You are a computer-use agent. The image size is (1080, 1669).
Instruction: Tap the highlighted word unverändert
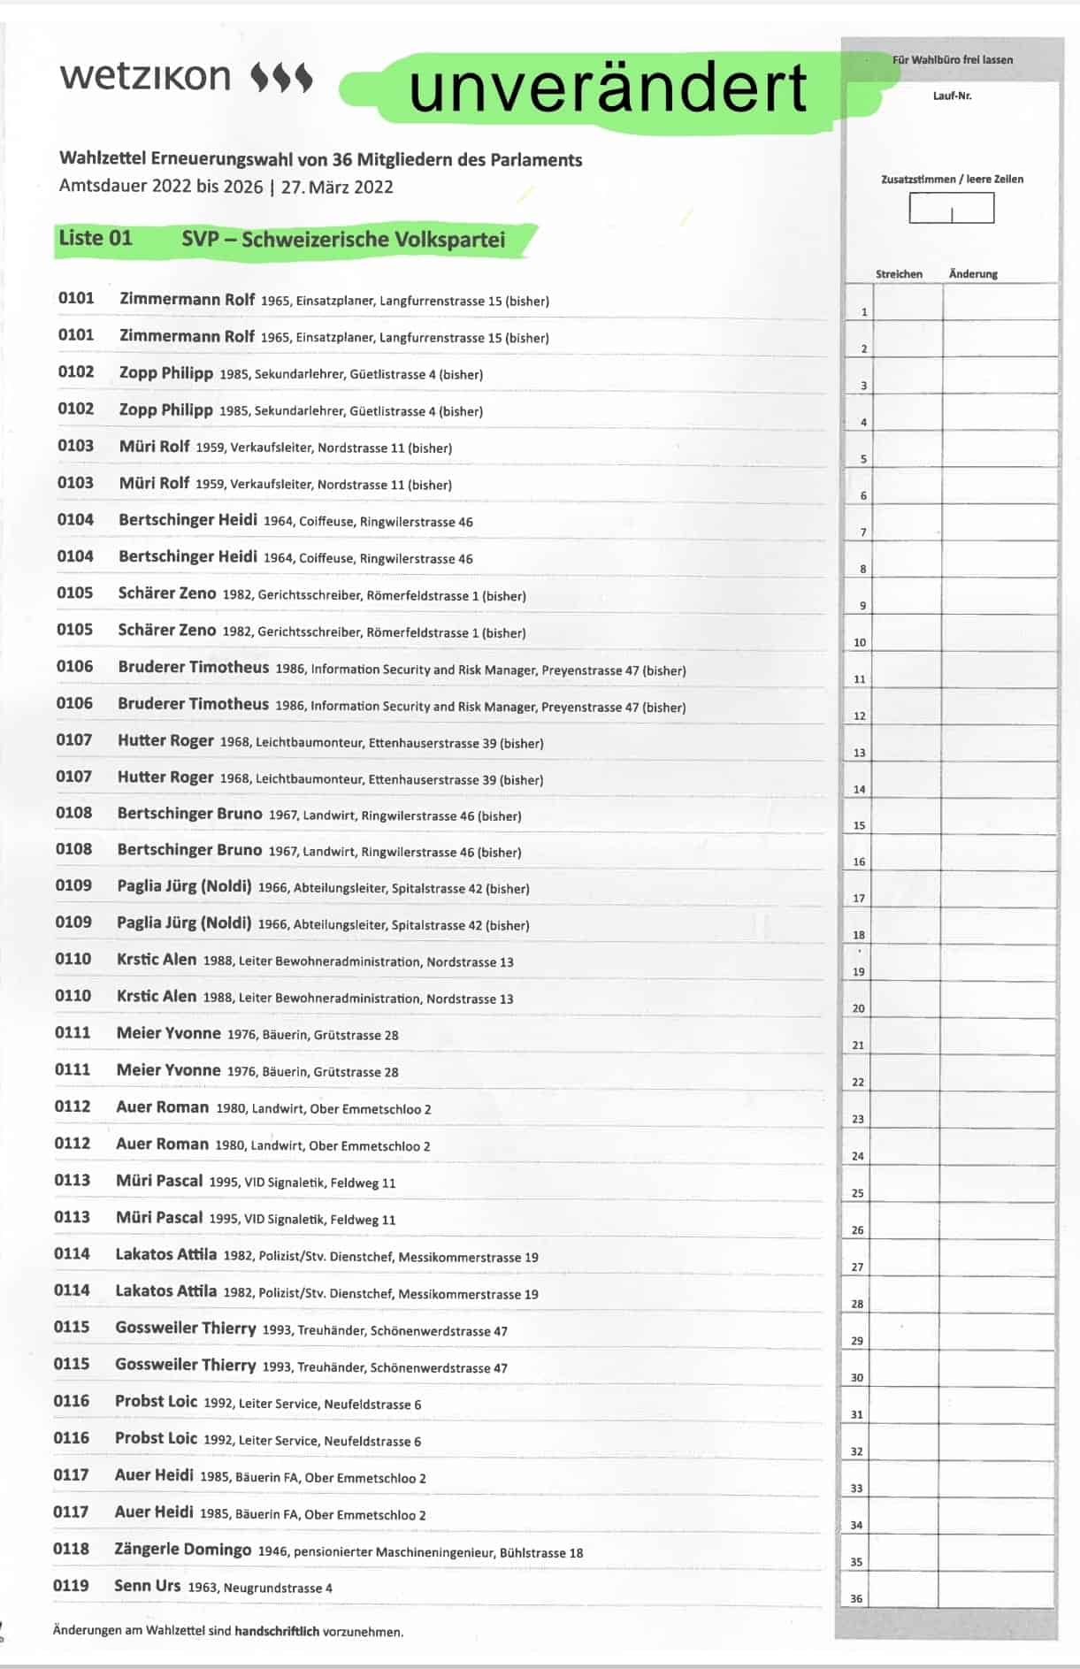tap(609, 88)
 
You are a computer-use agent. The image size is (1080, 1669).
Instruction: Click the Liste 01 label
tap(96, 239)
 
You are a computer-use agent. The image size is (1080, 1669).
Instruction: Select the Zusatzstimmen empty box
tap(951, 209)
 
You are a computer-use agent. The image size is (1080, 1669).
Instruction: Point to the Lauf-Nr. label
tap(952, 96)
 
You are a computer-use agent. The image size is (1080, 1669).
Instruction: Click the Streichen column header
tap(899, 274)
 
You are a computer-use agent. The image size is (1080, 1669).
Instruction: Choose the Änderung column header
tap(973, 274)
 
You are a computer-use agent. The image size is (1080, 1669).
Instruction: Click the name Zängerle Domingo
tap(183, 1550)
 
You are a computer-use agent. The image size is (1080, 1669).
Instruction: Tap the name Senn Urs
tap(147, 1586)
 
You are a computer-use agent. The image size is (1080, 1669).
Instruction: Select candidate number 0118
tap(71, 1549)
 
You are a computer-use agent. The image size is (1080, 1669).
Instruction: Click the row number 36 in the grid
tap(856, 1599)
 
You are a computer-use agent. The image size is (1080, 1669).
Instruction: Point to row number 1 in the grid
tap(864, 312)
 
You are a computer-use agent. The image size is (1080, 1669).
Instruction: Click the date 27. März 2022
tap(337, 188)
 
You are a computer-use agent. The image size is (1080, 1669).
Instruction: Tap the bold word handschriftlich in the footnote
tap(277, 1631)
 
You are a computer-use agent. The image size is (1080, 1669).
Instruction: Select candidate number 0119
tap(71, 1586)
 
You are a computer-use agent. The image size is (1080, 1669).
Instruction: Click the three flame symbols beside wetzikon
tap(282, 77)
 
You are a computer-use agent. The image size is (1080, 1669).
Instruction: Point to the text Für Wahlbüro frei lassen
tap(953, 60)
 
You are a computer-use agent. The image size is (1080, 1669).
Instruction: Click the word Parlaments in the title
tap(537, 160)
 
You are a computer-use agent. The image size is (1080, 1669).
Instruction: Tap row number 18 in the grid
tap(859, 935)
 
